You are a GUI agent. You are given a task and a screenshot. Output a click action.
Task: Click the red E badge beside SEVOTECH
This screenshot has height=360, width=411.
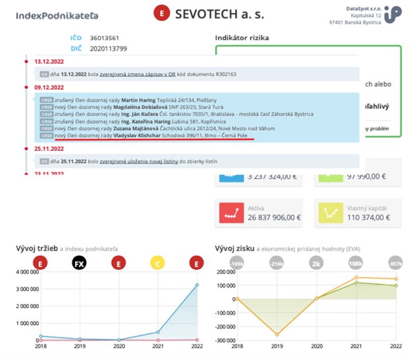161,14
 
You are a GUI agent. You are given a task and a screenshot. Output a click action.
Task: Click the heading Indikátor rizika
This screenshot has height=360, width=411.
242,38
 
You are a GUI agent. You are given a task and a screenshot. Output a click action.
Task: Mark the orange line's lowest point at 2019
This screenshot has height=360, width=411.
277,334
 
